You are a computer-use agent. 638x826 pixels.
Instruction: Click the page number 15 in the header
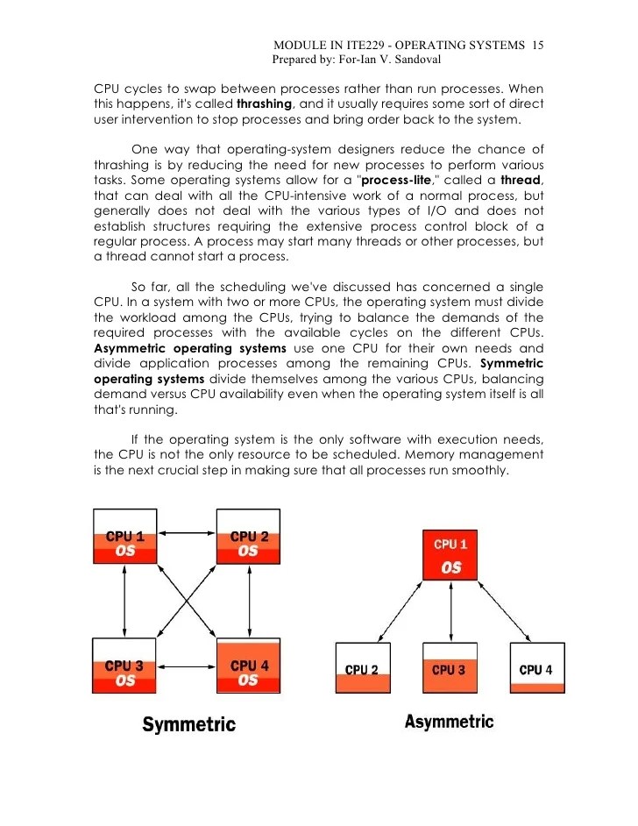(x=539, y=46)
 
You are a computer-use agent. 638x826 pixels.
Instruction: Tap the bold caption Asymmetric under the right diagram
(x=449, y=723)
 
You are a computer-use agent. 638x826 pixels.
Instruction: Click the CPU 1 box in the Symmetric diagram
(x=125, y=544)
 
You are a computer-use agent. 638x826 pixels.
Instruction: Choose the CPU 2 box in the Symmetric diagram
(x=249, y=544)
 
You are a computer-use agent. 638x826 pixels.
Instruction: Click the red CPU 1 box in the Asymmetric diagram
(x=450, y=554)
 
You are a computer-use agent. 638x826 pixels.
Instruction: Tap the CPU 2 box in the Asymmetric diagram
(x=362, y=669)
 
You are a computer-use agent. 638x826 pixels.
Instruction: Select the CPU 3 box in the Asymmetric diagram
(x=450, y=669)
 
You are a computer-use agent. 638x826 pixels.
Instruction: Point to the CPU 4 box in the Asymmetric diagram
(x=536, y=669)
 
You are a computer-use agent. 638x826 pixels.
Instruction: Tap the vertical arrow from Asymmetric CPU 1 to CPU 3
(x=450, y=611)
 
